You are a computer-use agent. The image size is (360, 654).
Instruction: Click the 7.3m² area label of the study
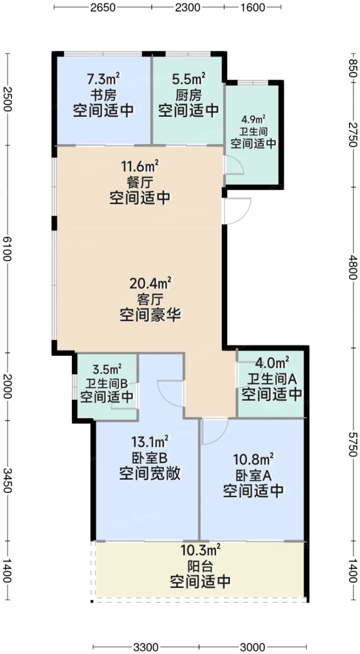coord(103,79)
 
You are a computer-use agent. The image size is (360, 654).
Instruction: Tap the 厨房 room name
coord(189,95)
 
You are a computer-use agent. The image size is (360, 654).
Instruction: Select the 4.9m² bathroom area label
coord(253,119)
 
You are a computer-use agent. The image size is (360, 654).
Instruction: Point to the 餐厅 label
coord(140,183)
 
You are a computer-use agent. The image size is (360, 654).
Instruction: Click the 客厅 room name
coord(150,299)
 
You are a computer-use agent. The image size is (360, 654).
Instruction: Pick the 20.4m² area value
coord(150,283)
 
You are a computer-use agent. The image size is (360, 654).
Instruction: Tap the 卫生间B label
coord(107,384)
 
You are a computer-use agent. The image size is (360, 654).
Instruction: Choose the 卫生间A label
coord(272,379)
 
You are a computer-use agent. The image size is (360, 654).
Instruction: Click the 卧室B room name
coord(150,458)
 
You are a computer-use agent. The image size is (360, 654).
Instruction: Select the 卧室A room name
coord(253,476)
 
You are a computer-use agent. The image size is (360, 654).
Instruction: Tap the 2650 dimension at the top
coord(103,7)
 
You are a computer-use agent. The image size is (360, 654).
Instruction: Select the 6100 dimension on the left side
coord(7,249)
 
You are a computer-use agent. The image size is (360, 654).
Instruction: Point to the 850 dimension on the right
coord(353,68)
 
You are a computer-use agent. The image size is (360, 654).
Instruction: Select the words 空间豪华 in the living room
coord(150,315)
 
